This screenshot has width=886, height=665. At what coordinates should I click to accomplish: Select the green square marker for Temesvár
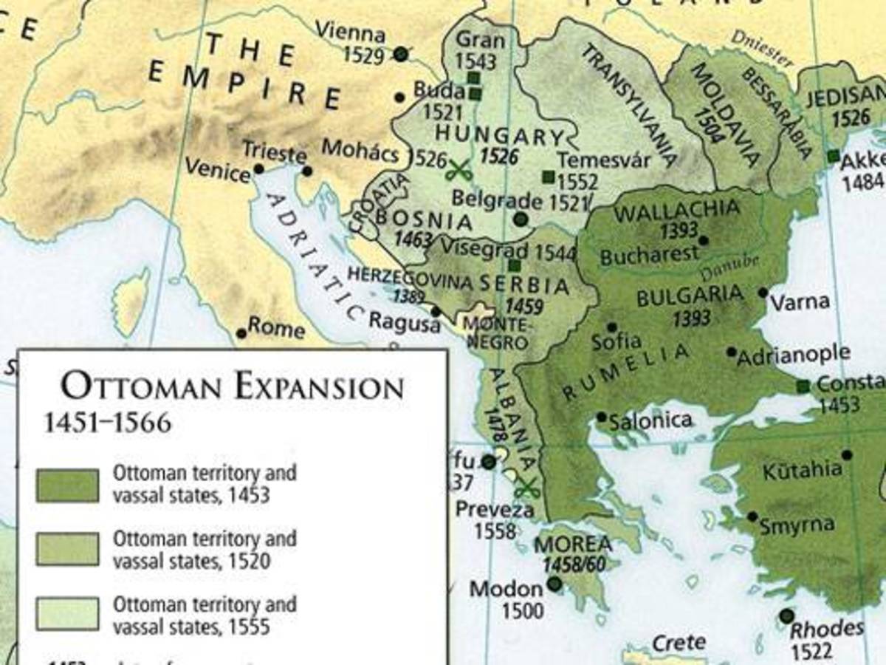548,176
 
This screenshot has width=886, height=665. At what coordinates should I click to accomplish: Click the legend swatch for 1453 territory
67,485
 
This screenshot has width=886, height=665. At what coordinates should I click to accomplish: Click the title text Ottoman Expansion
233,387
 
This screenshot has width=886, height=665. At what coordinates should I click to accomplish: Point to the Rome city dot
241,333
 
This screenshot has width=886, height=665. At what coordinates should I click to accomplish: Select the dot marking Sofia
611,327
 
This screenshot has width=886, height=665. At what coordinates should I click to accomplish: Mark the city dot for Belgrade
521,219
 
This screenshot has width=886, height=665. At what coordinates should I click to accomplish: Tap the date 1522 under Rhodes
810,650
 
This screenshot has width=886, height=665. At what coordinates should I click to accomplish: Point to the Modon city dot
554,584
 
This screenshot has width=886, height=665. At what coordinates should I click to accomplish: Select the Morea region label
573,545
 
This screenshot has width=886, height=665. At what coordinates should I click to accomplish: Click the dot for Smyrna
752,516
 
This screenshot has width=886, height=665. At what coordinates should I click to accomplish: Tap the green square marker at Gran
473,78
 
